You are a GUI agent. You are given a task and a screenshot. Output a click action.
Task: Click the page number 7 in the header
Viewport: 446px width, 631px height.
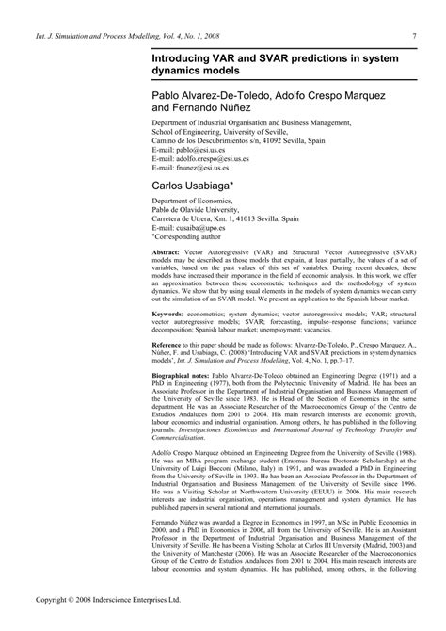(x=415, y=37)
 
